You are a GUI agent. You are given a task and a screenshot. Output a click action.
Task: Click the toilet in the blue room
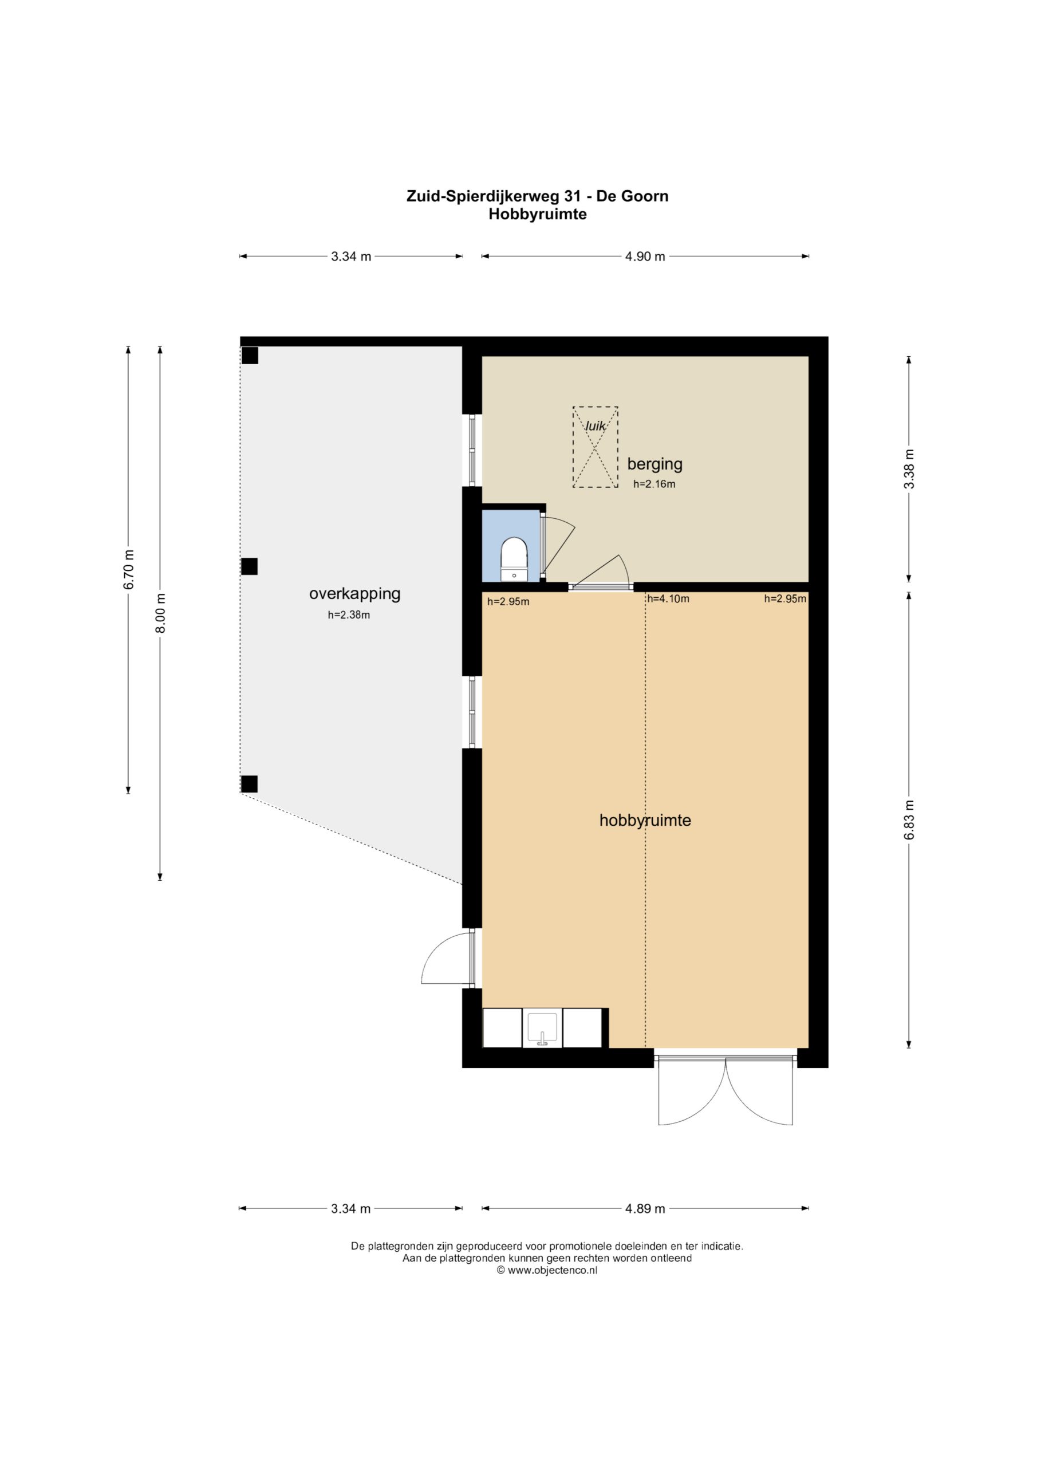[514, 559]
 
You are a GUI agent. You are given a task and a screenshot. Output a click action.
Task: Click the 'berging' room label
[654, 464]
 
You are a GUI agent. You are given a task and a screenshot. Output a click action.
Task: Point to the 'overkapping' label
[354, 594]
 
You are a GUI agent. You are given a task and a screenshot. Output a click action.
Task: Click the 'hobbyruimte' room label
[645, 821]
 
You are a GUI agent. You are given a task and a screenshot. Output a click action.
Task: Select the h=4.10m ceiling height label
[669, 599]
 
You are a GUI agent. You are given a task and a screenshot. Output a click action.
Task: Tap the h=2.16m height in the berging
[654, 484]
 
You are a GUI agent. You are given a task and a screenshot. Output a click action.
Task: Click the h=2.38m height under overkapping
[349, 616]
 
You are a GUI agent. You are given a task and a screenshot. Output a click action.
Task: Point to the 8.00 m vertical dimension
[160, 613]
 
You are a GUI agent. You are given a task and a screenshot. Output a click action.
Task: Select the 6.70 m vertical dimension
[129, 570]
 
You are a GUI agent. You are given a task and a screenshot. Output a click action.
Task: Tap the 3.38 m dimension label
[909, 468]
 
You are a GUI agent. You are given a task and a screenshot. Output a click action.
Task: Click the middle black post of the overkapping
[249, 566]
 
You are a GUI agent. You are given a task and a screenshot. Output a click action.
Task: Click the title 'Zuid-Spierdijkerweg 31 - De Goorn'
[537, 196]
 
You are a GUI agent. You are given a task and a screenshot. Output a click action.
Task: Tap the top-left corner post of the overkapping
[249, 355]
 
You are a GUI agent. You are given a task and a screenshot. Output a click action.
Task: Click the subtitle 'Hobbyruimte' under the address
[537, 215]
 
